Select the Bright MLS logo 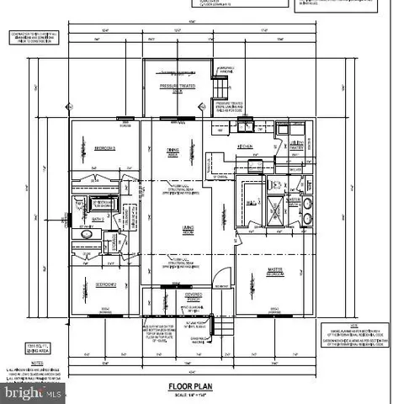(31, 393)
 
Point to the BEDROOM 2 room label (104, 284)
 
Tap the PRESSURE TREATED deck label (178, 85)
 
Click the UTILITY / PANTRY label (297, 146)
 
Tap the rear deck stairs (220, 87)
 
